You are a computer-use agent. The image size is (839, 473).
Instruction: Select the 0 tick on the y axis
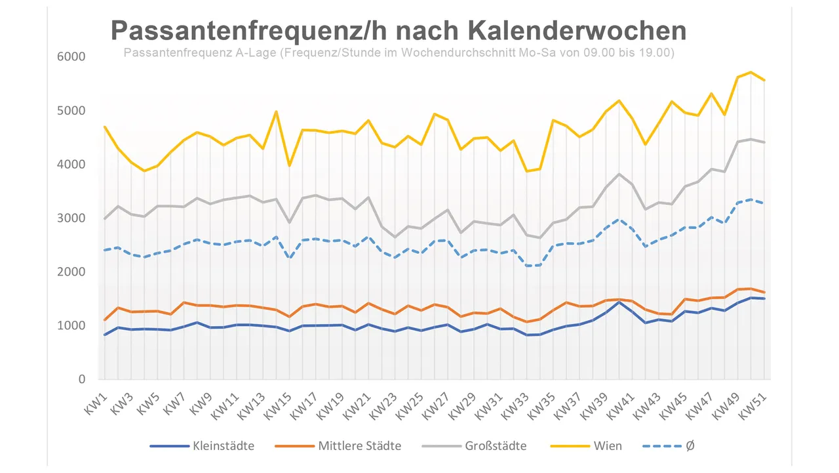click(x=82, y=379)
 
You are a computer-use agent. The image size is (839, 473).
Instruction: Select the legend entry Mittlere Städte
click(x=359, y=446)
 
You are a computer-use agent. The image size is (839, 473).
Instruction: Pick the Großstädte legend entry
click(x=495, y=446)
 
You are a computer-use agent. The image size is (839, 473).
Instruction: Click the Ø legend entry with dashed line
click(x=690, y=446)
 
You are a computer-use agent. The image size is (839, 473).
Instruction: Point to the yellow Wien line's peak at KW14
click(x=276, y=112)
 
